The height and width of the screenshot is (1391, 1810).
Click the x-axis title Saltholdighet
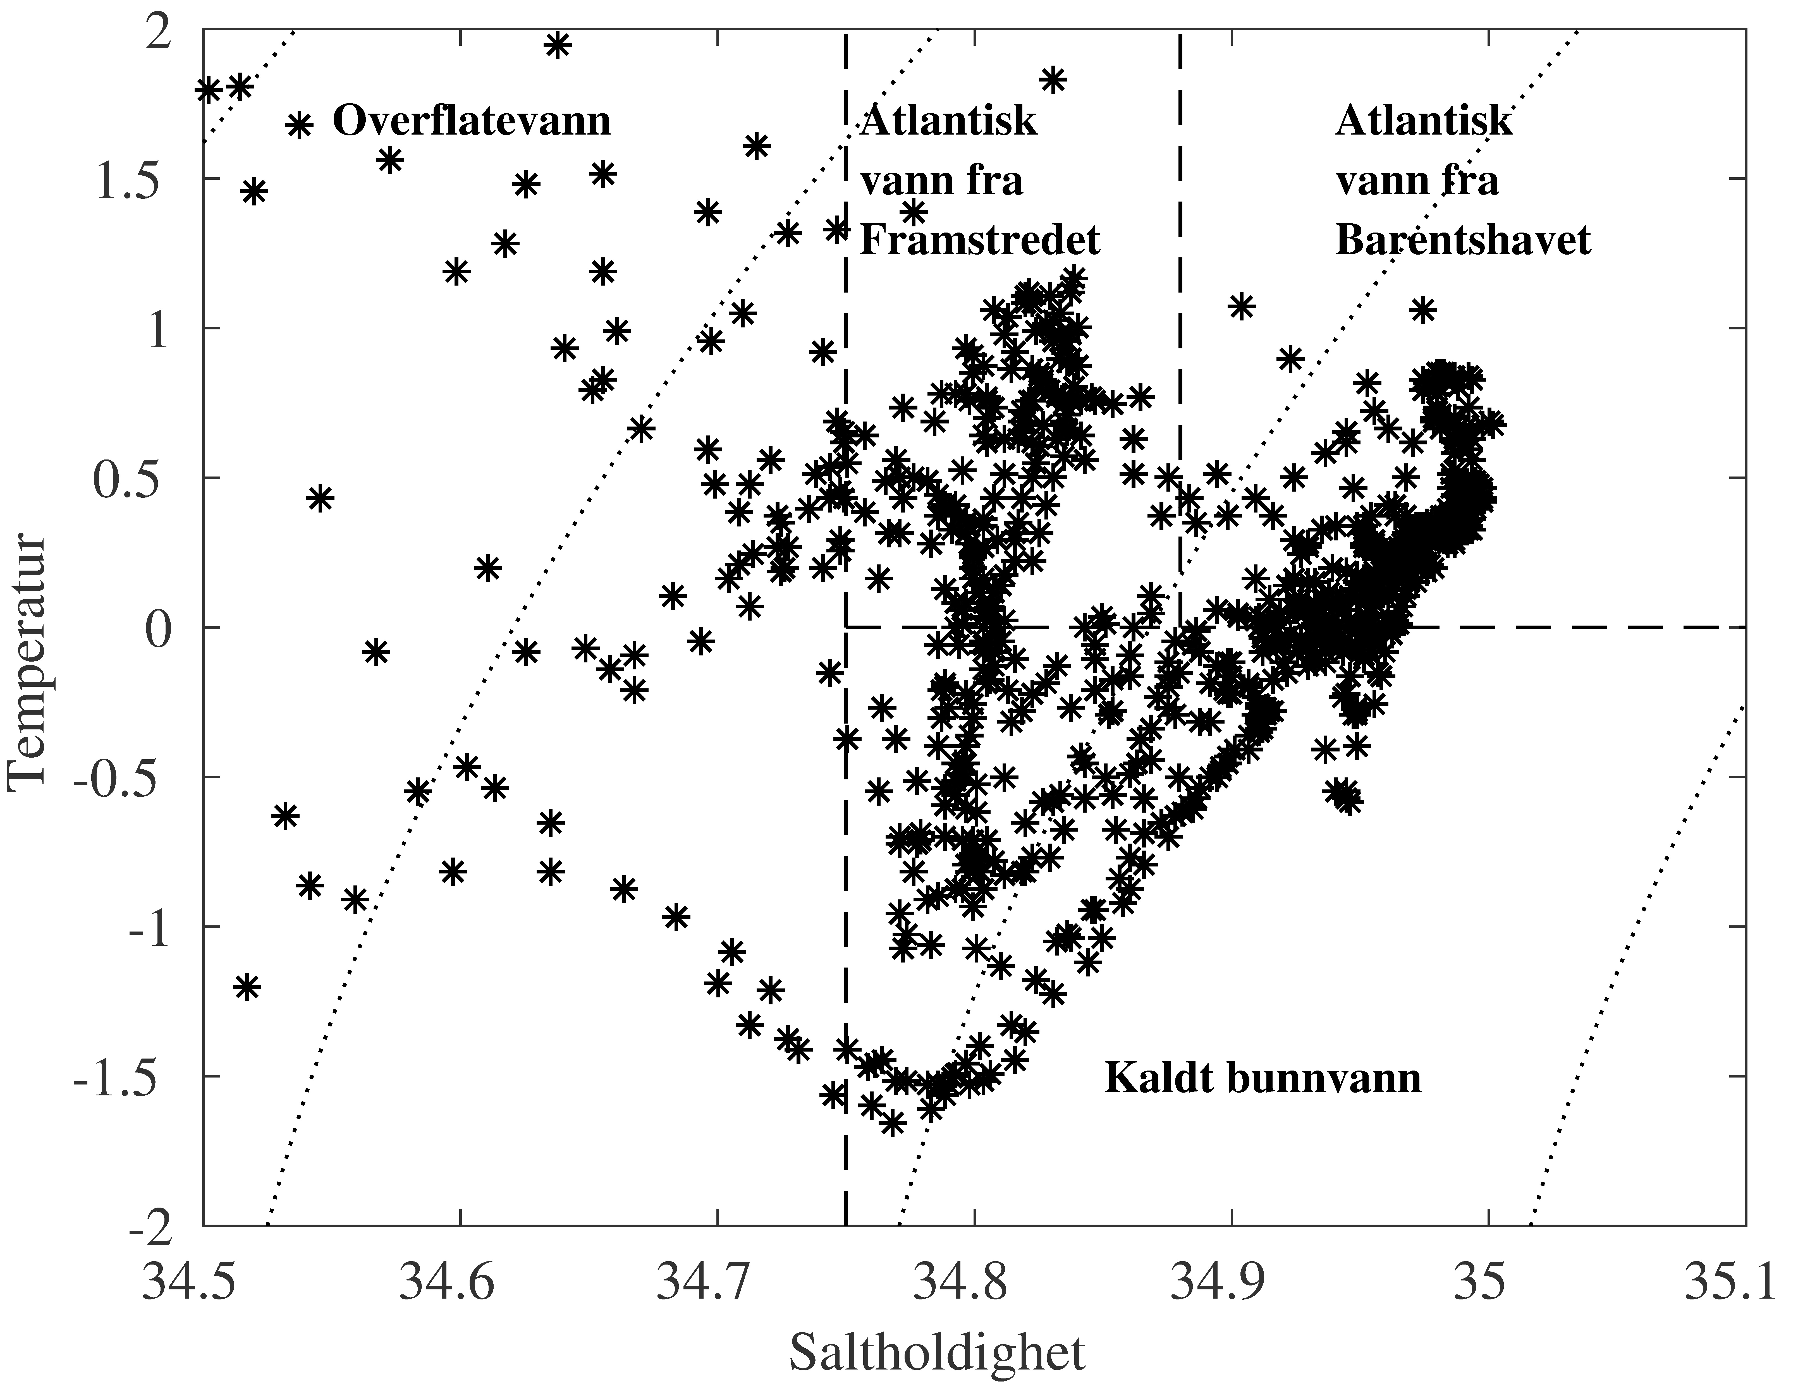(x=936, y=1353)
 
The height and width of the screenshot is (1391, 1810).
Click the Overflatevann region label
(x=471, y=122)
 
